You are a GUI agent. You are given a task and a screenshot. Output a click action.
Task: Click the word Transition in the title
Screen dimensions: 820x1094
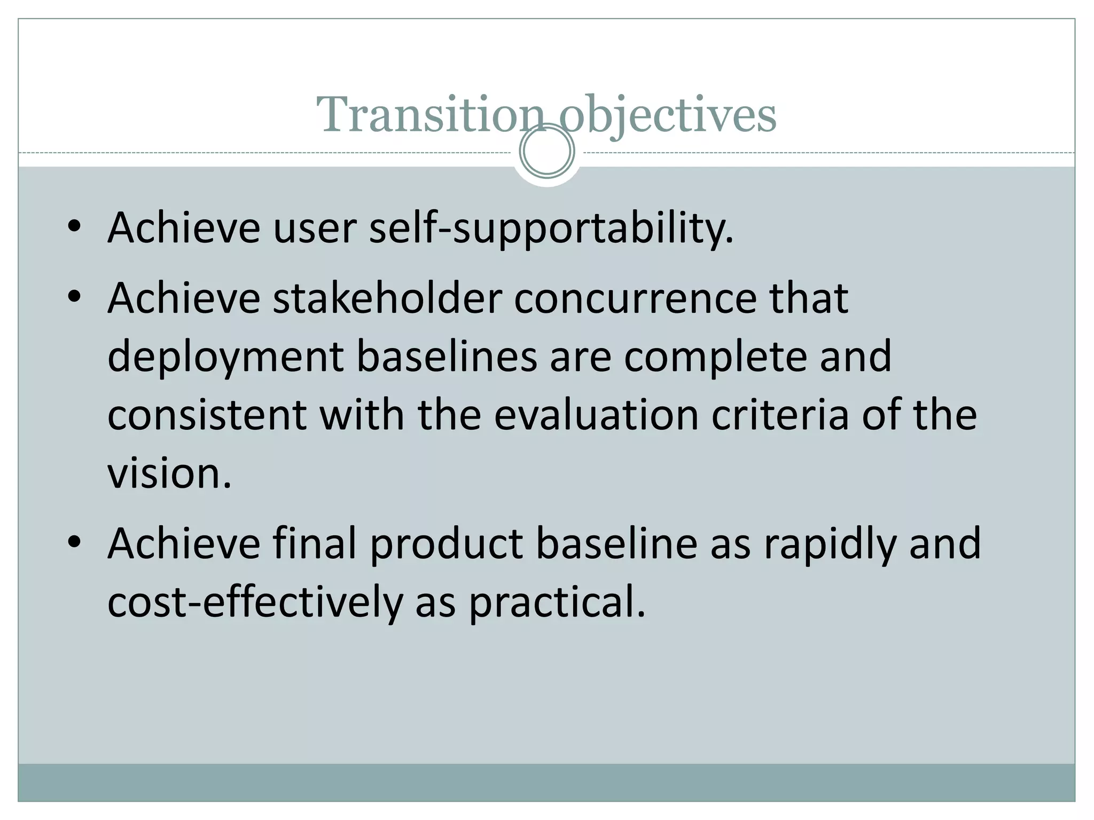coord(430,115)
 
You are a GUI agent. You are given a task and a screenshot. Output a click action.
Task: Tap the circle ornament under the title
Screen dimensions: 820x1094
coord(546,151)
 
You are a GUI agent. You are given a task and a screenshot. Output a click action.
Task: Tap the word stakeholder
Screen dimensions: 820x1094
coord(388,298)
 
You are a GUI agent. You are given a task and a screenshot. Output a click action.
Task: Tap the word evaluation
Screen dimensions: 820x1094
coord(596,415)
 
